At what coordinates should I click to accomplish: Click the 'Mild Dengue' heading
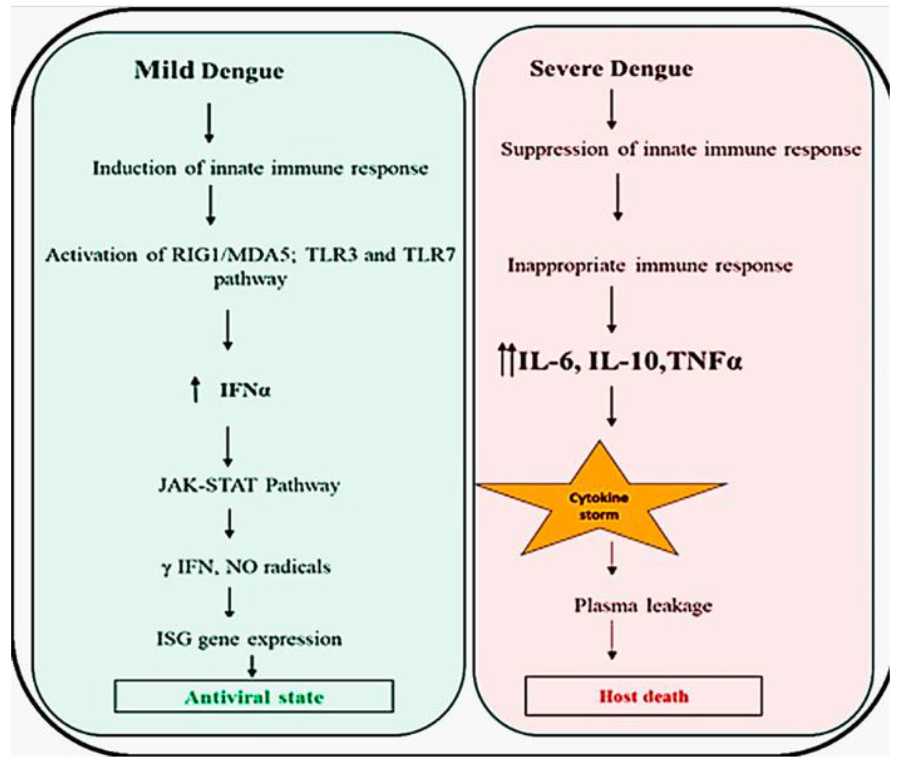pos(209,71)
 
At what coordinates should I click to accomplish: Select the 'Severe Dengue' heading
pos(611,69)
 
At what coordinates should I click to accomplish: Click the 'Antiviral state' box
pos(254,697)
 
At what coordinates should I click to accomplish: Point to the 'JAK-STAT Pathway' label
pos(249,485)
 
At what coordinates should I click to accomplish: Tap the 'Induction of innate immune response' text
pos(260,168)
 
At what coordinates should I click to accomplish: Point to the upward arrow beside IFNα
pos(196,389)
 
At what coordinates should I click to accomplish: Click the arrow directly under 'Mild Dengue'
pos(209,123)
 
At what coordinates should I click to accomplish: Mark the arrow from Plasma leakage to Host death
pos(612,640)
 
